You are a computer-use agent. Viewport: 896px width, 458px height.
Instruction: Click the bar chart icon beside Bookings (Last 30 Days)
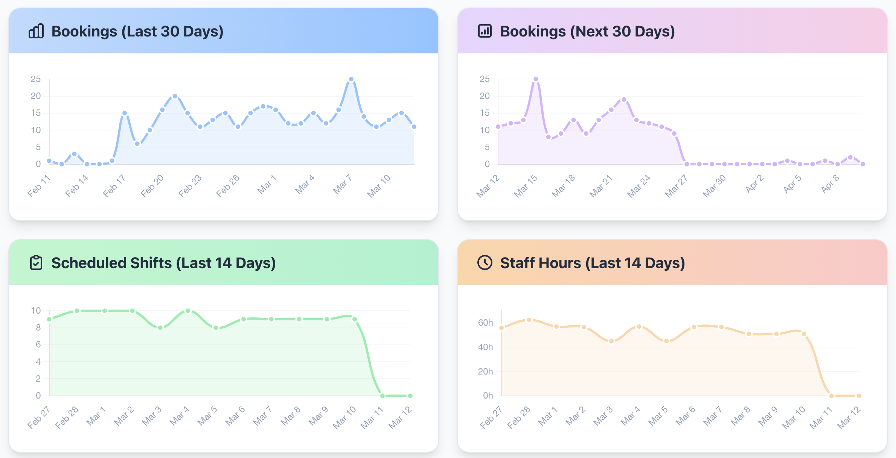[36, 31]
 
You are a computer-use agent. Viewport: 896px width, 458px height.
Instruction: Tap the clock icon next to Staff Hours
[485, 262]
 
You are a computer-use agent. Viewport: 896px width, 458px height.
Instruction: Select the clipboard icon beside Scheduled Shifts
[36, 262]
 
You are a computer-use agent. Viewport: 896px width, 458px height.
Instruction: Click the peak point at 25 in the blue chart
[351, 79]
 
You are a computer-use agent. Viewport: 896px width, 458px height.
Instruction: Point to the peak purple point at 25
[536, 79]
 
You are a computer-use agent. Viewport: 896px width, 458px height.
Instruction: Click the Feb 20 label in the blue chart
[152, 186]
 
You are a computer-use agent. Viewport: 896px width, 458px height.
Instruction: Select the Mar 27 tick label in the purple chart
[676, 186]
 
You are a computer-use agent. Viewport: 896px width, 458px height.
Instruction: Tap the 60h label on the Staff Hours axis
[485, 323]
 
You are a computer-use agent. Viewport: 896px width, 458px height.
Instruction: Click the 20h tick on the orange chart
[485, 372]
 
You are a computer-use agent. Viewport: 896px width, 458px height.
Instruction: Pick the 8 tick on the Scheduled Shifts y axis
[38, 328]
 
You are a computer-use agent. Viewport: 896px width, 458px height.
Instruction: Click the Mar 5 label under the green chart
[207, 416]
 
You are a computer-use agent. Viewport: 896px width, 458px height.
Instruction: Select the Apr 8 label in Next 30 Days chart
[830, 184]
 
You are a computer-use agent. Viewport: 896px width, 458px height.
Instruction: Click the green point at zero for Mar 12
[410, 396]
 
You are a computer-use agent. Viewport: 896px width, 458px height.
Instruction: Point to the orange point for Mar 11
[831, 396]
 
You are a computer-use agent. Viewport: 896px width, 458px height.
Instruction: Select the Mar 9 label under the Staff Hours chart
[768, 416]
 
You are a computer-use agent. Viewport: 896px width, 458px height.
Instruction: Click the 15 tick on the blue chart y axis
[36, 113]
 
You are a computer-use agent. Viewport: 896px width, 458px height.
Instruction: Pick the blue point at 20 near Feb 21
[175, 96]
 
